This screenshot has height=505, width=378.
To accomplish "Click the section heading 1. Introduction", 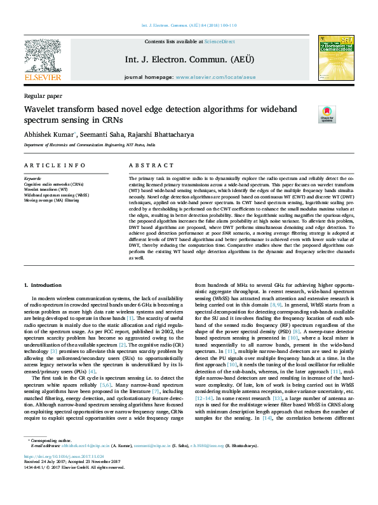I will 43,286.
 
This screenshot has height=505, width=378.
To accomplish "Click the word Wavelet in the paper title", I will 41,109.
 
